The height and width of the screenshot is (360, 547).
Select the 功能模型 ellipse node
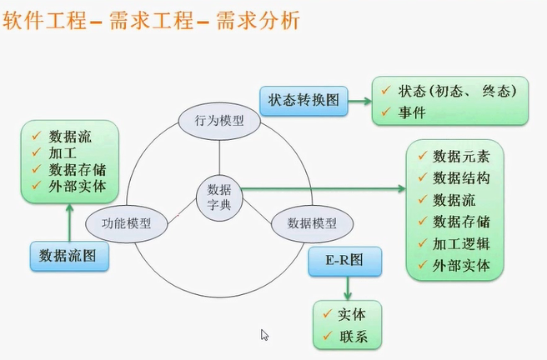126,223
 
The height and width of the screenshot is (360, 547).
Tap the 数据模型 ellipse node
312,223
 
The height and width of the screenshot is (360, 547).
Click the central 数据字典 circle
219,195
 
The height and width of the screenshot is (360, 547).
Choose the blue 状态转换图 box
303,101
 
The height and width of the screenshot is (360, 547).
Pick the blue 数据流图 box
69,255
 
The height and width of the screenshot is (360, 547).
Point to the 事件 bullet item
412,111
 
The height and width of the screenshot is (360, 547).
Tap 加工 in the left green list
61,152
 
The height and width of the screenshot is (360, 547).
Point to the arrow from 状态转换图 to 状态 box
358,102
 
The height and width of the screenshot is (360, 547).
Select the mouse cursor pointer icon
264,335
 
